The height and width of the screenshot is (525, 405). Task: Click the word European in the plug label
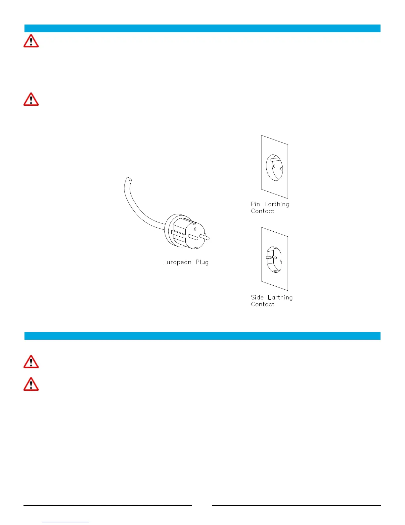[x=177, y=262]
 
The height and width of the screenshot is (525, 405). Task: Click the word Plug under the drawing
[x=202, y=262]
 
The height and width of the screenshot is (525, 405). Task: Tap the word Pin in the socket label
[x=255, y=204]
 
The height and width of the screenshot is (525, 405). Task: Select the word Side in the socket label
[x=257, y=297]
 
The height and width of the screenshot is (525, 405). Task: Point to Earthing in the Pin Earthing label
[x=277, y=204]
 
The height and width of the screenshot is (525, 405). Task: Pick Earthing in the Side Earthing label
[x=280, y=298]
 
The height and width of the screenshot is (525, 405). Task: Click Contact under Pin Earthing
[x=262, y=211]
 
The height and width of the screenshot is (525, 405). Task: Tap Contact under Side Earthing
[x=262, y=304]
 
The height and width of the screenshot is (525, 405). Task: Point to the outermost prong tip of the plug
[x=207, y=238]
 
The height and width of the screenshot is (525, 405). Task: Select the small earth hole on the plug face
[x=195, y=229]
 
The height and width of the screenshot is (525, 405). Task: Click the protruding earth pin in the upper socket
[x=275, y=159]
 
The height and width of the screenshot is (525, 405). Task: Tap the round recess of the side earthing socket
[x=274, y=259]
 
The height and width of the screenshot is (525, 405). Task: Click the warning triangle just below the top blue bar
[x=31, y=41]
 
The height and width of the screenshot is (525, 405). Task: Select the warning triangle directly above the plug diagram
[x=31, y=99]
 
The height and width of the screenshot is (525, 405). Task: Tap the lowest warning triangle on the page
[x=31, y=384]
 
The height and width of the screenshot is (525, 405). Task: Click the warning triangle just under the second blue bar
[x=31, y=362]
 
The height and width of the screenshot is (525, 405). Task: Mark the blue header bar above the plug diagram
[x=202, y=28]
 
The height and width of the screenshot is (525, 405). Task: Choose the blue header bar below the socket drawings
[x=202, y=336]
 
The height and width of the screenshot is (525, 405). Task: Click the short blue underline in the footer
[x=66, y=522]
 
